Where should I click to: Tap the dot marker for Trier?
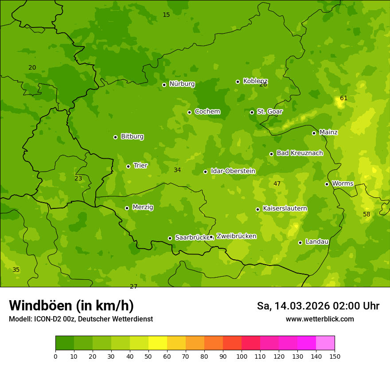[x=129, y=166]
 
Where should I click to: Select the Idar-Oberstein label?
[x=233, y=171]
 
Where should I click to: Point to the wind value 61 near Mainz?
[x=344, y=98]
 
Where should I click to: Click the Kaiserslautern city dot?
[x=257, y=209]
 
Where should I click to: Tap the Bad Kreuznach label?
[x=300, y=153]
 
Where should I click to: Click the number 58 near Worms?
[x=367, y=214]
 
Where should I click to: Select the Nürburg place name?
[x=182, y=84]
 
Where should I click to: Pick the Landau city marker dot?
[x=300, y=243]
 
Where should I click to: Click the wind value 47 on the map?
[x=277, y=184]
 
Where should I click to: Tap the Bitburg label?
[x=132, y=137]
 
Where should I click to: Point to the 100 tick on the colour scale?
[x=242, y=356]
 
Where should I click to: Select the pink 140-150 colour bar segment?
[x=325, y=343]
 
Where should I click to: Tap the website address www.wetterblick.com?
[x=320, y=319]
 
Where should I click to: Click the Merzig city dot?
[x=127, y=208]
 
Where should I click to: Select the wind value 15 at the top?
[x=166, y=15]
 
